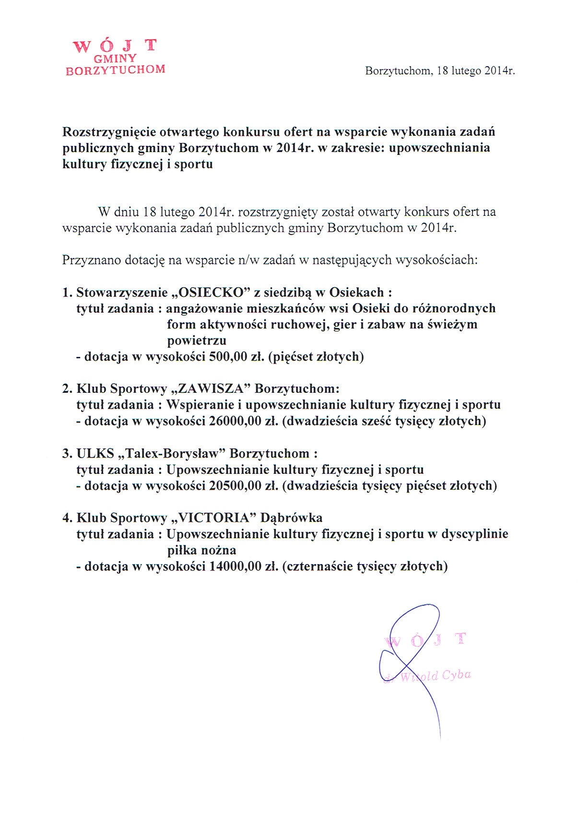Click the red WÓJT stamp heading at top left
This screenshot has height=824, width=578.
pyautogui.click(x=115, y=46)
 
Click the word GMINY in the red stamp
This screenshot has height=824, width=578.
pyautogui.click(x=115, y=58)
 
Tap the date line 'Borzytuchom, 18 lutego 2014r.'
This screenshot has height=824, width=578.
pyautogui.click(x=439, y=71)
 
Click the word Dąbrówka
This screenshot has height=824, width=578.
pyautogui.click(x=291, y=518)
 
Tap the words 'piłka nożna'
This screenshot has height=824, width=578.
pyautogui.click(x=201, y=550)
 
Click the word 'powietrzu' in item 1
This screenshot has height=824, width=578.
pyautogui.click(x=197, y=341)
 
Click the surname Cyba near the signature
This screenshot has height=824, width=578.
pyautogui.click(x=457, y=675)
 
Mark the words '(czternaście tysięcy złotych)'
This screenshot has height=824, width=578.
pyautogui.click(x=365, y=566)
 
